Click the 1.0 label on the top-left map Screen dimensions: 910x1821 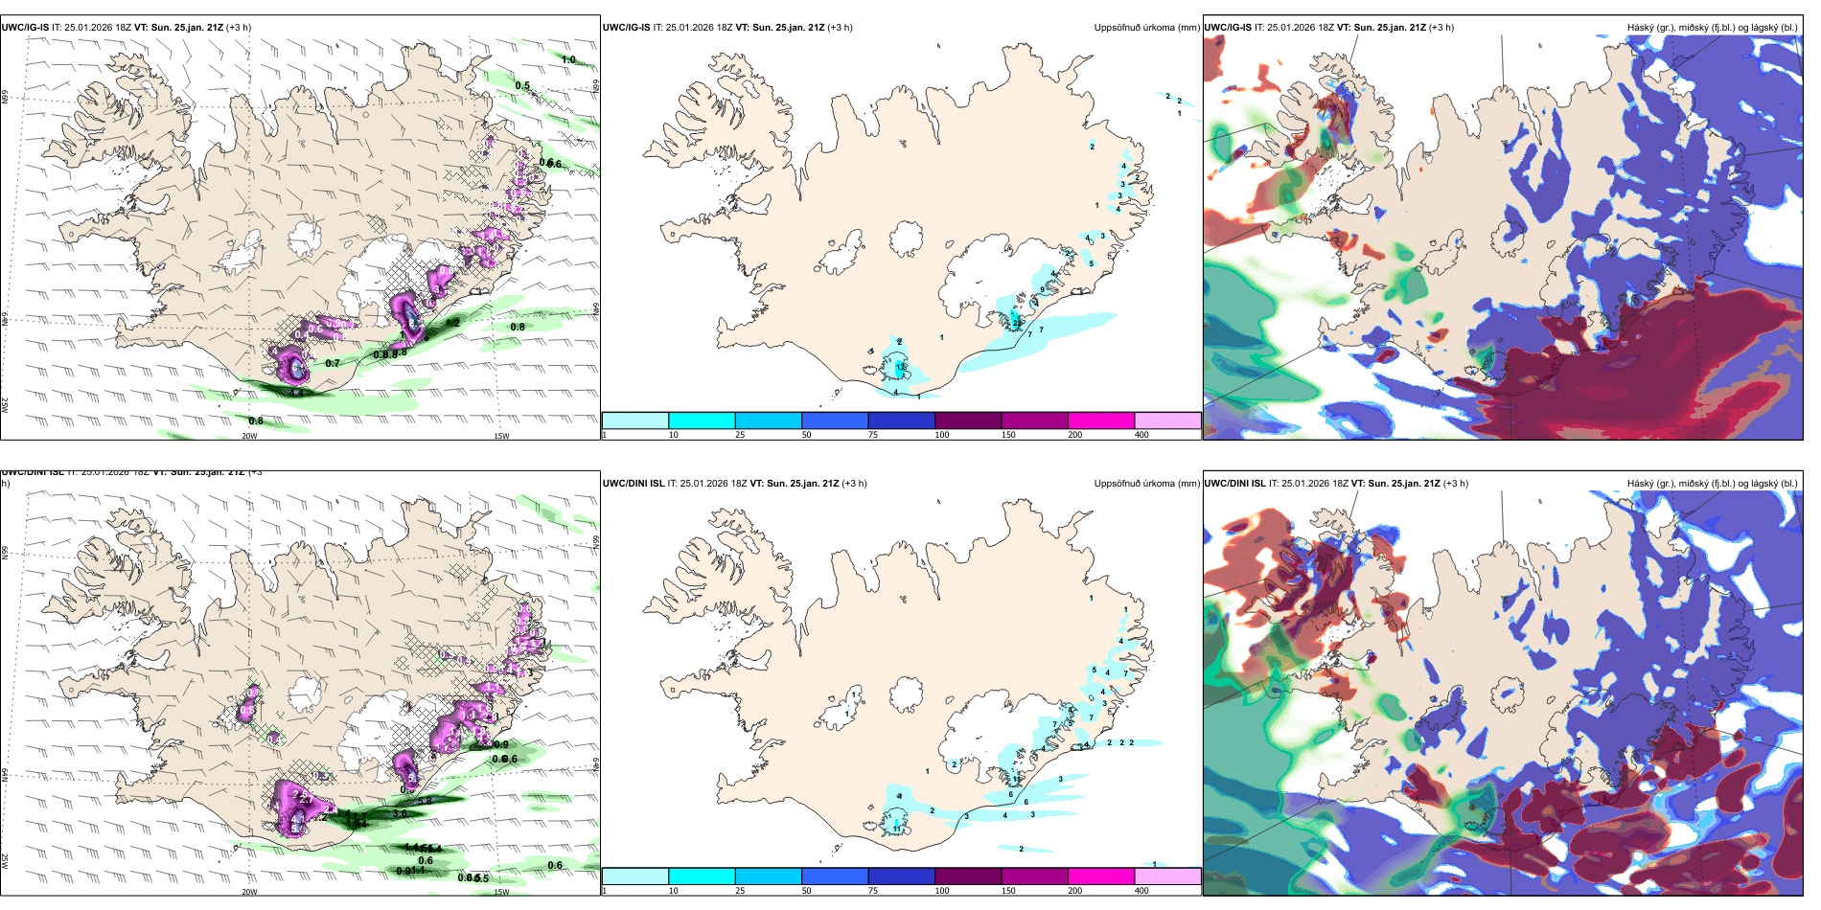click(x=568, y=60)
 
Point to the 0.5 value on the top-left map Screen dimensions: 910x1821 click(x=522, y=85)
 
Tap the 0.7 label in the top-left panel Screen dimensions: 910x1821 click(x=333, y=364)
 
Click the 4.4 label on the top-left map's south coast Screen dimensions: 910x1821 click(x=297, y=392)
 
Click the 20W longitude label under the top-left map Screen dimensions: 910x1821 click(x=249, y=436)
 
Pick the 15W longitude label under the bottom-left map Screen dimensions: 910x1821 click(x=501, y=892)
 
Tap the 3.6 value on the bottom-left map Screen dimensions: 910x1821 click(x=401, y=814)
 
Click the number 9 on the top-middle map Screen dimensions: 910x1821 click(x=1042, y=289)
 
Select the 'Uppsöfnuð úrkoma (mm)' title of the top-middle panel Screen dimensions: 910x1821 click(x=1146, y=28)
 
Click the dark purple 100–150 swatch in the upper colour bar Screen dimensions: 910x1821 click(x=968, y=421)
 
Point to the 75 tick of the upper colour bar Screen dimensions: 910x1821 click(x=873, y=435)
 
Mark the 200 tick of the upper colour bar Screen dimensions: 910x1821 click(x=1075, y=435)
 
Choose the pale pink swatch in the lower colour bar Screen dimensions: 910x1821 click(x=1167, y=876)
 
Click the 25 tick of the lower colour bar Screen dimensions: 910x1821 click(x=740, y=891)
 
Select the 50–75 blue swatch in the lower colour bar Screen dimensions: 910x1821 click(x=835, y=876)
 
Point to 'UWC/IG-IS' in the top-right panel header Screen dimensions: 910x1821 click(x=1228, y=28)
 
